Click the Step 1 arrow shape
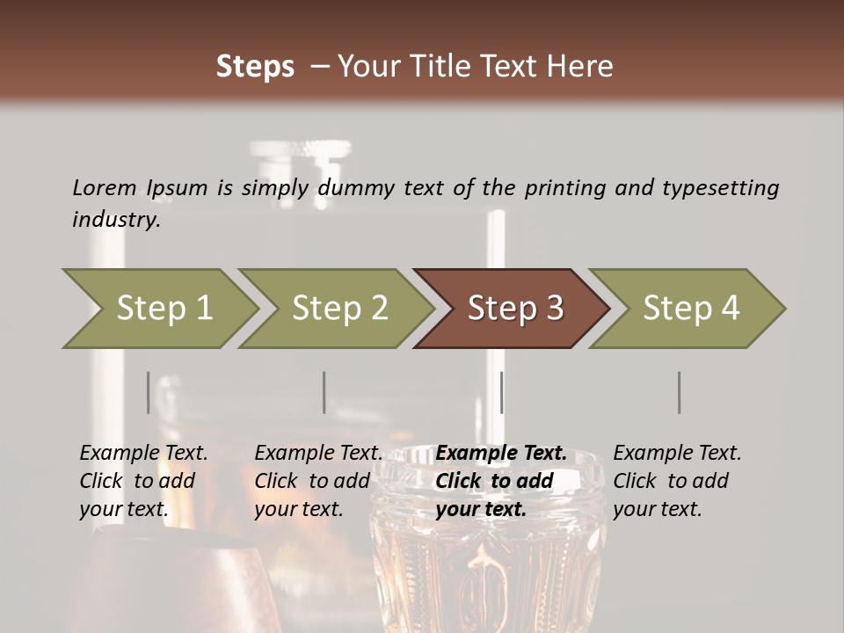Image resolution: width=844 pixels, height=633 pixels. pyautogui.click(x=163, y=309)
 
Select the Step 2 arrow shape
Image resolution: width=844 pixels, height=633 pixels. pyautogui.click(x=338, y=309)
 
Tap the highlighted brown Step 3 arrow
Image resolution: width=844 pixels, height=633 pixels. pyautogui.click(x=514, y=309)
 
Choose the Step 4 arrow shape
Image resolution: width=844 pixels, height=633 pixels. pyautogui.click(x=690, y=309)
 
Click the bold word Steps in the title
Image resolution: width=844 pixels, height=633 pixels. pyautogui.click(x=255, y=67)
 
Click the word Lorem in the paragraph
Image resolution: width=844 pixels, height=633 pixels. pyautogui.click(x=105, y=187)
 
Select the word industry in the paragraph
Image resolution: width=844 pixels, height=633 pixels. pyautogui.click(x=115, y=220)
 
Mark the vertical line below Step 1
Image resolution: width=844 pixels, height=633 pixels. pyautogui.click(x=149, y=392)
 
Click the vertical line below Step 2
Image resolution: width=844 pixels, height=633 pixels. pyautogui.click(x=324, y=392)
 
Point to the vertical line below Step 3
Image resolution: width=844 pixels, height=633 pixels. pyautogui.click(x=501, y=392)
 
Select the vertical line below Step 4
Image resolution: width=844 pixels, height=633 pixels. pyautogui.click(x=680, y=392)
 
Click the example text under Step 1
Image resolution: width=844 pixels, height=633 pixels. pyautogui.click(x=143, y=481)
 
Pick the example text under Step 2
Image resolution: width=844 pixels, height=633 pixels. pyautogui.click(x=318, y=481)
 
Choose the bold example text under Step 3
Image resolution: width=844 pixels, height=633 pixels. pyautogui.click(x=500, y=481)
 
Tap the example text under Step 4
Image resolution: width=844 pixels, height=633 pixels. pyautogui.click(x=677, y=481)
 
